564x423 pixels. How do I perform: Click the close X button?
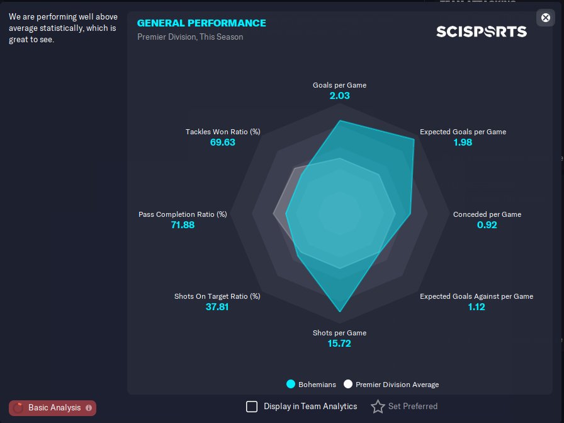pyautogui.click(x=545, y=18)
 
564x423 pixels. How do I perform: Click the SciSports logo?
pyautogui.click(x=482, y=32)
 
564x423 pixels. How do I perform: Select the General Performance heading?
pyautogui.click(x=201, y=23)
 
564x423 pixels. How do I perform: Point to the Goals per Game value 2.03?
pyautogui.click(x=339, y=95)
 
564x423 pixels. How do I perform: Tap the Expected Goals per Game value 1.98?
pyautogui.click(x=463, y=142)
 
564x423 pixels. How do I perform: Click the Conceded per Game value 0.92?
pyautogui.click(x=487, y=225)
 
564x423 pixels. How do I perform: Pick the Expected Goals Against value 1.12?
pyautogui.click(x=477, y=307)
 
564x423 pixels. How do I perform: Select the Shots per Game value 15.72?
pyautogui.click(x=339, y=344)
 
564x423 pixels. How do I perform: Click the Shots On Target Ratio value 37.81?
pyautogui.click(x=217, y=307)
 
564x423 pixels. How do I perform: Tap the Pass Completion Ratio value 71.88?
pyautogui.click(x=183, y=225)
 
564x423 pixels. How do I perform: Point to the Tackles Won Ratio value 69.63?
pyautogui.click(x=223, y=142)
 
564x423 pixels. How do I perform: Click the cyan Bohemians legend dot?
pyautogui.click(x=291, y=384)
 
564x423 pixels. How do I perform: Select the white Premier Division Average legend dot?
pyautogui.click(x=348, y=384)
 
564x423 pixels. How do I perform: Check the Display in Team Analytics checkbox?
pyautogui.click(x=252, y=407)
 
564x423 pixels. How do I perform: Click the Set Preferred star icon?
pyautogui.click(x=378, y=407)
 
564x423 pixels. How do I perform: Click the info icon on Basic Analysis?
pyautogui.click(x=89, y=408)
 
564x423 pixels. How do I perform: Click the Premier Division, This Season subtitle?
pyautogui.click(x=190, y=37)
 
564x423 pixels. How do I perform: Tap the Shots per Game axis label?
pyautogui.click(x=339, y=333)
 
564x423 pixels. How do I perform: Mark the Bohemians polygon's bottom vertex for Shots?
pyautogui.click(x=340, y=311)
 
